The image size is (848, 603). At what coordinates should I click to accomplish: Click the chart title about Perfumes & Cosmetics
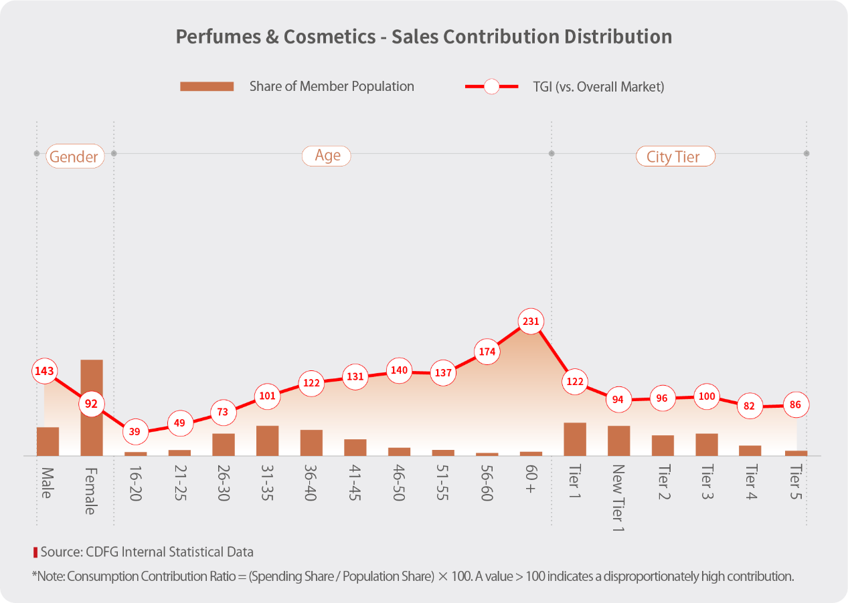(x=424, y=36)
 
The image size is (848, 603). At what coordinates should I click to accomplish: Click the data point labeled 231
(x=530, y=322)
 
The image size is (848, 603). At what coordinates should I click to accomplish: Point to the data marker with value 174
(x=487, y=351)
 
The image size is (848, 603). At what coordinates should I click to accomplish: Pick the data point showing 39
(x=135, y=432)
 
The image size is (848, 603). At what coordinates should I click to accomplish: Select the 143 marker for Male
(x=44, y=371)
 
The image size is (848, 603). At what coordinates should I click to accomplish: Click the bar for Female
(x=92, y=408)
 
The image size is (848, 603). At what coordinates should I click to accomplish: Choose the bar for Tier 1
(x=574, y=439)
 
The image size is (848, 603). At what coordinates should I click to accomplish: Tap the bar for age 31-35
(x=267, y=441)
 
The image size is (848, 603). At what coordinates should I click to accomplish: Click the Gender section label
(x=74, y=157)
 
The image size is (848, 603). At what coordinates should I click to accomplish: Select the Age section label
(x=327, y=156)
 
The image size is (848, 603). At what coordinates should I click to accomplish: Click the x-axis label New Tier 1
(x=618, y=499)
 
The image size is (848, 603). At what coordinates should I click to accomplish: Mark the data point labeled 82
(x=750, y=406)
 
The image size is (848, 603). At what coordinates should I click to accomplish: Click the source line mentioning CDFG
(x=147, y=552)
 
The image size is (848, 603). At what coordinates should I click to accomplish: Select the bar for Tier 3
(x=706, y=445)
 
